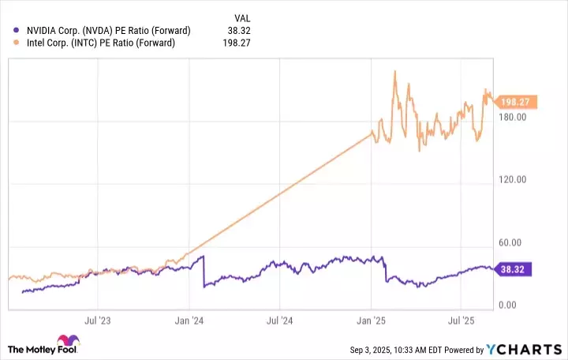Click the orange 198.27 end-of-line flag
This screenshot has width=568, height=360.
click(x=515, y=102)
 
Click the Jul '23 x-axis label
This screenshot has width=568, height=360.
click(x=96, y=321)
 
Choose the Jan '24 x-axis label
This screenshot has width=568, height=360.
click(x=189, y=321)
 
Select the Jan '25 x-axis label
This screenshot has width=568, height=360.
click(x=371, y=321)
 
